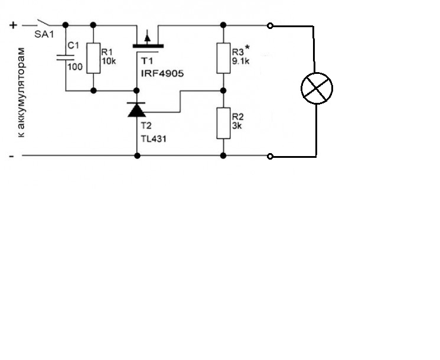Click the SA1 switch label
coord(44,34)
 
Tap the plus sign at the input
coord(13,25)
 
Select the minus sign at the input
coord(11,156)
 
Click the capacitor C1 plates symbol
coord(66,57)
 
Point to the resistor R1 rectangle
coord(93,58)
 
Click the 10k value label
coord(109,61)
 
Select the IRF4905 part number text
coord(162,73)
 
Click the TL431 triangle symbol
coord(136,109)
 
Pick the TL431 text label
coord(154,139)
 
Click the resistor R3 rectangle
coord(223,58)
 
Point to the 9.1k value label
coord(240,61)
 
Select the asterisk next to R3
coord(247,47)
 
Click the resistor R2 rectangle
coord(223,123)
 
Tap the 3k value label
coord(237,126)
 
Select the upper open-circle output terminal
coord(270,26)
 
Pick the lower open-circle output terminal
coord(270,157)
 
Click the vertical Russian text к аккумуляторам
coord(21,93)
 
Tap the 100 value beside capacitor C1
coord(75,67)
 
